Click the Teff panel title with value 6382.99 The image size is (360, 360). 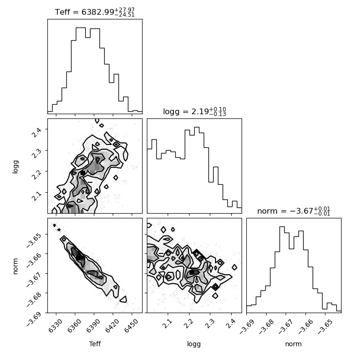(x=95, y=12)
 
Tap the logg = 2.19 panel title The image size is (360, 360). (x=195, y=112)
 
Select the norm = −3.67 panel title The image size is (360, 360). (x=294, y=211)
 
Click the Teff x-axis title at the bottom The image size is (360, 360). (x=95, y=344)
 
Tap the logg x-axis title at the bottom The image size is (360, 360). (x=194, y=344)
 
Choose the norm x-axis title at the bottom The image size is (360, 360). (x=293, y=344)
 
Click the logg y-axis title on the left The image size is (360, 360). (x=15, y=167)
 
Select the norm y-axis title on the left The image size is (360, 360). (x=15, y=266)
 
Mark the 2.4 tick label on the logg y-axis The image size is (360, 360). (x=37, y=132)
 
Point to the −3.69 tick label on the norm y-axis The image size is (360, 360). (x=34, y=319)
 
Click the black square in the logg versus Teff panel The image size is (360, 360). (x=82, y=173)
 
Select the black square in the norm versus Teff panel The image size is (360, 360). (x=78, y=258)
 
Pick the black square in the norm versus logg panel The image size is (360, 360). (x=192, y=272)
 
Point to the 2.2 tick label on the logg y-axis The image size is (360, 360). (x=37, y=174)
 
